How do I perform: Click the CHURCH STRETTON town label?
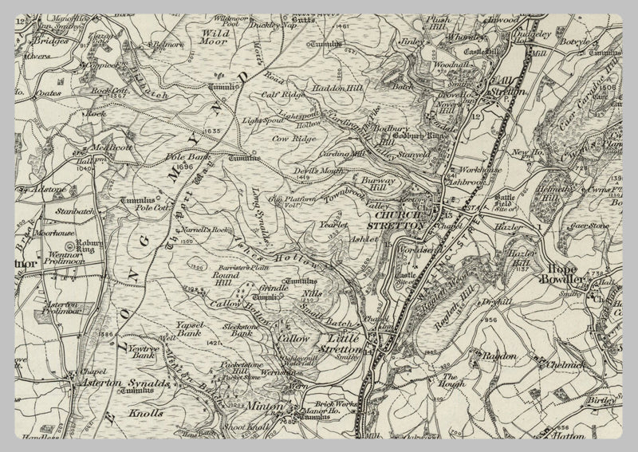coord(402,221)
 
